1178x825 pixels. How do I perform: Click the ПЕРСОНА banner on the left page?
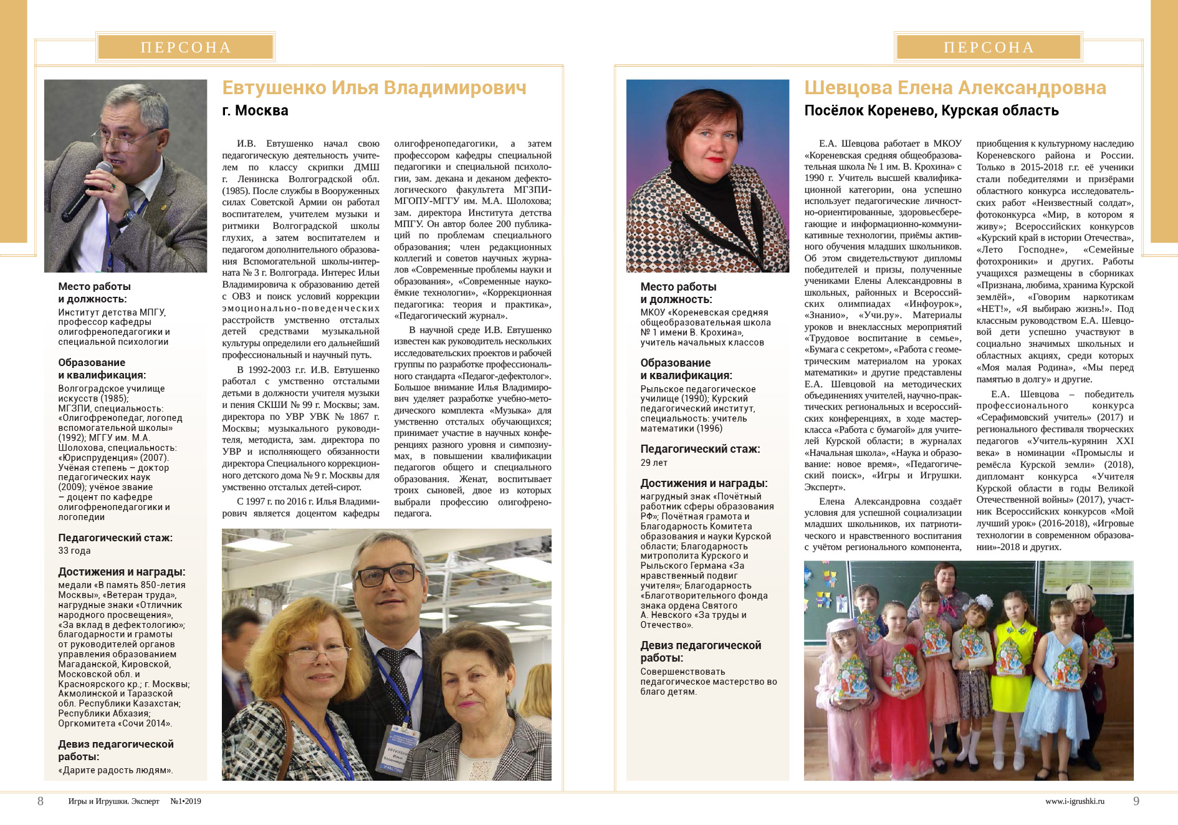186,47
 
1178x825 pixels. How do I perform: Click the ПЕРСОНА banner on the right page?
989,47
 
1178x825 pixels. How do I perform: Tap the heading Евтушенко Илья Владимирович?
374,88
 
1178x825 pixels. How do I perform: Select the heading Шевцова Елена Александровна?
955,88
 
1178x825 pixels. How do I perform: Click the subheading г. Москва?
255,111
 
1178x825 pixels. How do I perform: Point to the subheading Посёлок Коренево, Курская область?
931,111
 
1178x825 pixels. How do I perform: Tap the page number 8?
41,801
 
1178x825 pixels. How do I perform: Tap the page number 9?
1136,801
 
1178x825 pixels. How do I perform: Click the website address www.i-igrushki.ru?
1075,801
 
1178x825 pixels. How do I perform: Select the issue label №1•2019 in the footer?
186,801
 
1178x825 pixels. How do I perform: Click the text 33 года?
74,551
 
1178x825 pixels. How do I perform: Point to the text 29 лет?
654,463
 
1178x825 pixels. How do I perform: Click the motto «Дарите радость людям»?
115,770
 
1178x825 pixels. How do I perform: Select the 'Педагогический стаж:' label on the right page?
700,449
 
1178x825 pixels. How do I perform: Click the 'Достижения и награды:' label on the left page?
122,572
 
